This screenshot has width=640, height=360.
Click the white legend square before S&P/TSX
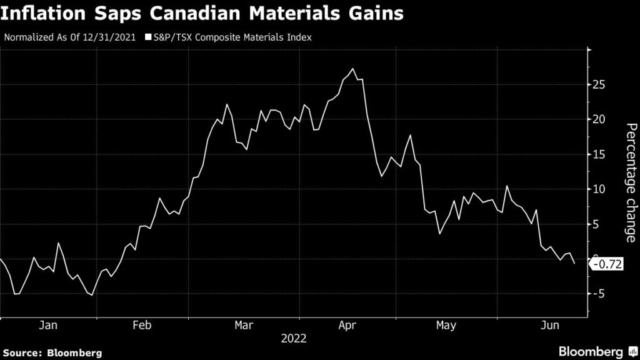pyautogui.click(x=148, y=37)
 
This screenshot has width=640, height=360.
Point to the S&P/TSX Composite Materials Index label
pyautogui.click(x=232, y=37)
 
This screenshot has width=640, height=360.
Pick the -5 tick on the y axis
pyautogui.click(x=597, y=294)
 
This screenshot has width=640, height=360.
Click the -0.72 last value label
pyautogui.click(x=606, y=265)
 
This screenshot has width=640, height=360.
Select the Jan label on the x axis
pyautogui.click(x=48, y=326)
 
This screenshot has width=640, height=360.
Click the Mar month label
pyautogui.click(x=244, y=326)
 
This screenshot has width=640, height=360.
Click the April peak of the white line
pyautogui.click(x=354, y=69)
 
